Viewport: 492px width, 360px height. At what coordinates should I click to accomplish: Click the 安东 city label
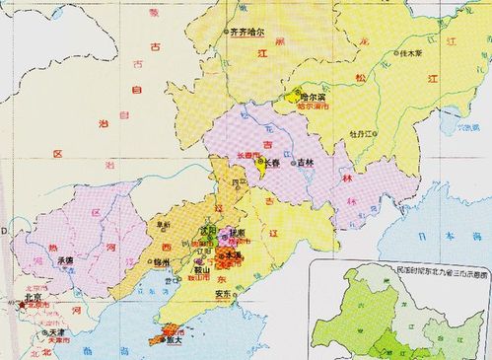[223, 294]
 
